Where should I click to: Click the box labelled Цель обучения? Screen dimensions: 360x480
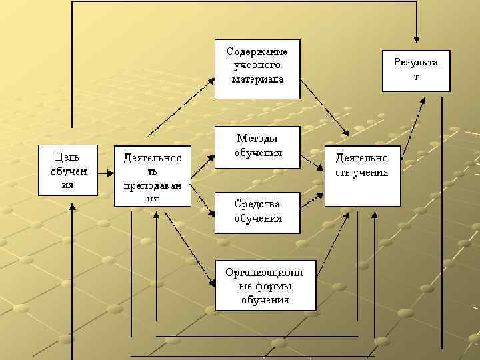tap(67, 170)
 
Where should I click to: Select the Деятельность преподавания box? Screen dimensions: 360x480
tap(153, 175)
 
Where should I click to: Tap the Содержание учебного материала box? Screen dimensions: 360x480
tap(257, 69)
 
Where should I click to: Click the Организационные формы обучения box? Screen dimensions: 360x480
tap(265, 285)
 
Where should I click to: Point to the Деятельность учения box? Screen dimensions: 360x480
tap(362, 175)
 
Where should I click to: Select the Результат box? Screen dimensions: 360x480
tap(416, 70)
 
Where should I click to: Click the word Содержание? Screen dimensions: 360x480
tap(257, 51)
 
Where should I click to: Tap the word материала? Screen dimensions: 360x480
tap(257, 79)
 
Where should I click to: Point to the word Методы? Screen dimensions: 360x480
tap(257, 138)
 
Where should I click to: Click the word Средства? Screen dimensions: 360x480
tap(257, 203)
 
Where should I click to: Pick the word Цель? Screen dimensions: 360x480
tap(67, 157)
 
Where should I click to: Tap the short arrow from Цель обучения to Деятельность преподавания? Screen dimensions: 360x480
tap(106, 172)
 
